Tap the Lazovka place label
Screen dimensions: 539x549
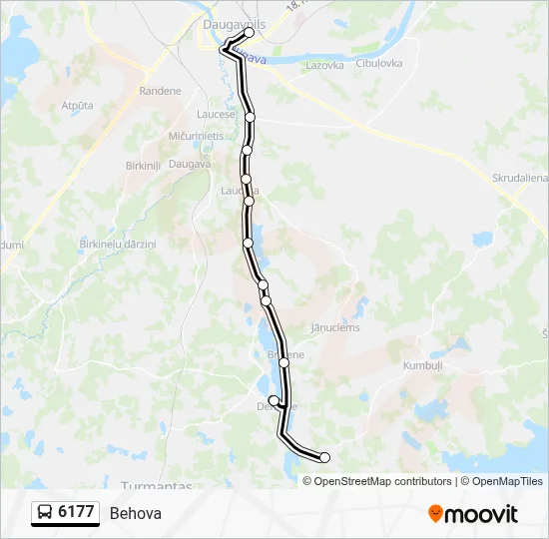pos(324,65)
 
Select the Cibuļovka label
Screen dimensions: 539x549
pos(379,64)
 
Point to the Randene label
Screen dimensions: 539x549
pos(161,91)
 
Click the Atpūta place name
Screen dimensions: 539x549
pos(77,105)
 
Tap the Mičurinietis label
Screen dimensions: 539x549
pos(196,135)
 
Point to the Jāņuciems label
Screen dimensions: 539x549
pos(334,327)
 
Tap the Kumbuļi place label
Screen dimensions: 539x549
pos(421,366)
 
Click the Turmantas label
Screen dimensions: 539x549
pos(156,485)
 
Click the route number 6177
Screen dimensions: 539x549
pos(76,512)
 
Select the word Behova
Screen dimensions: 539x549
pos(136,513)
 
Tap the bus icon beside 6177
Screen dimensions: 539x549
pos(45,513)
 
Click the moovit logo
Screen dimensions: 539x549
pos(473,514)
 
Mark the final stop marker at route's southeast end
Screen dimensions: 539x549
pos(324,457)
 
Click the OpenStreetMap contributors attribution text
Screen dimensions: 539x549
pos(382,481)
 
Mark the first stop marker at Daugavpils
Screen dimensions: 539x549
pos(249,32)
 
